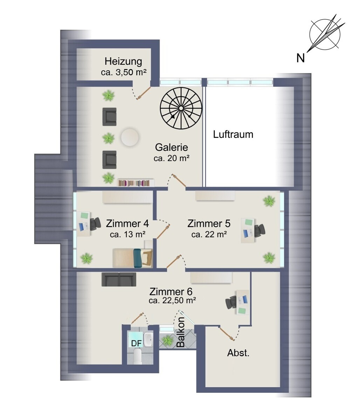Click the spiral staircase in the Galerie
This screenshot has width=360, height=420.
coord(181,108)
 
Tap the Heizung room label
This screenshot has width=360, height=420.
coord(123,61)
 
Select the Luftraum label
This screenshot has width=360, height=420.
coord(233,134)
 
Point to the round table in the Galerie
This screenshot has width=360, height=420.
coord(130,137)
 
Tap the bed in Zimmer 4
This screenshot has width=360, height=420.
coord(132,258)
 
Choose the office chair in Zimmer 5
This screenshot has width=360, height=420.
coord(259,230)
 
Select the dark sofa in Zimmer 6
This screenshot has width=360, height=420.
coord(119,279)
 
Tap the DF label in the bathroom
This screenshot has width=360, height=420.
coord(136,343)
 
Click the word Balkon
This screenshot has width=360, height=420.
coord(180,332)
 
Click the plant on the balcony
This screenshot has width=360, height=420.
coord(167,340)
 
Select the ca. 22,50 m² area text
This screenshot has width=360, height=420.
coord(172,300)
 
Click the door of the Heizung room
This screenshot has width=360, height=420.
coord(144,93)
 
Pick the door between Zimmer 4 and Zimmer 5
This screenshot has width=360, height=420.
coord(163,231)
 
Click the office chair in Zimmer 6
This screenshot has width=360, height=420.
coord(231,302)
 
